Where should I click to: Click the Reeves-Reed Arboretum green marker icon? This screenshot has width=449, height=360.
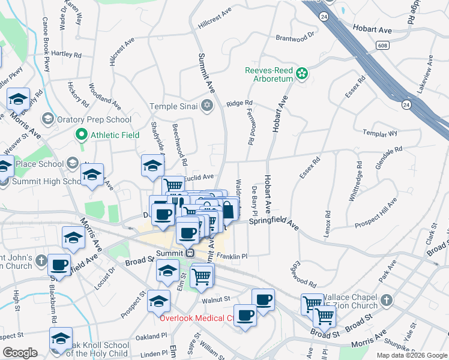(303, 74)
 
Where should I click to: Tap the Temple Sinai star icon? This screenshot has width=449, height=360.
(208, 106)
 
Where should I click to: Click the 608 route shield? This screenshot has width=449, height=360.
(382, 45)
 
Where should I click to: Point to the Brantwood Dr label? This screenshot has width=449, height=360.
(295, 37)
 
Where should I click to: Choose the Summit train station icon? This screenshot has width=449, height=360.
(188, 253)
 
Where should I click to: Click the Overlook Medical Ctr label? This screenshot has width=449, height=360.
(196, 318)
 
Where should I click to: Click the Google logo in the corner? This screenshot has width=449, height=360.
(20, 353)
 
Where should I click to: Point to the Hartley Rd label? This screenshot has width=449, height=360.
(66, 54)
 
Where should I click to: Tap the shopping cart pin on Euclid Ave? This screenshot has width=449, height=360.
(173, 185)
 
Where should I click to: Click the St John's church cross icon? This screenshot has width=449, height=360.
(41, 261)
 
